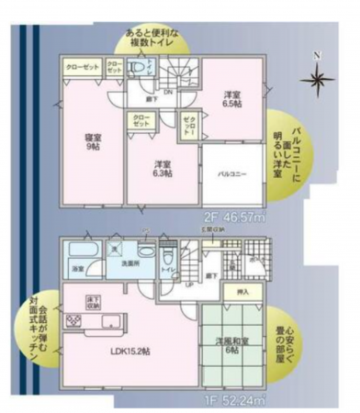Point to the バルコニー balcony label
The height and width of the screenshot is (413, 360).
[x=230, y=173]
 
